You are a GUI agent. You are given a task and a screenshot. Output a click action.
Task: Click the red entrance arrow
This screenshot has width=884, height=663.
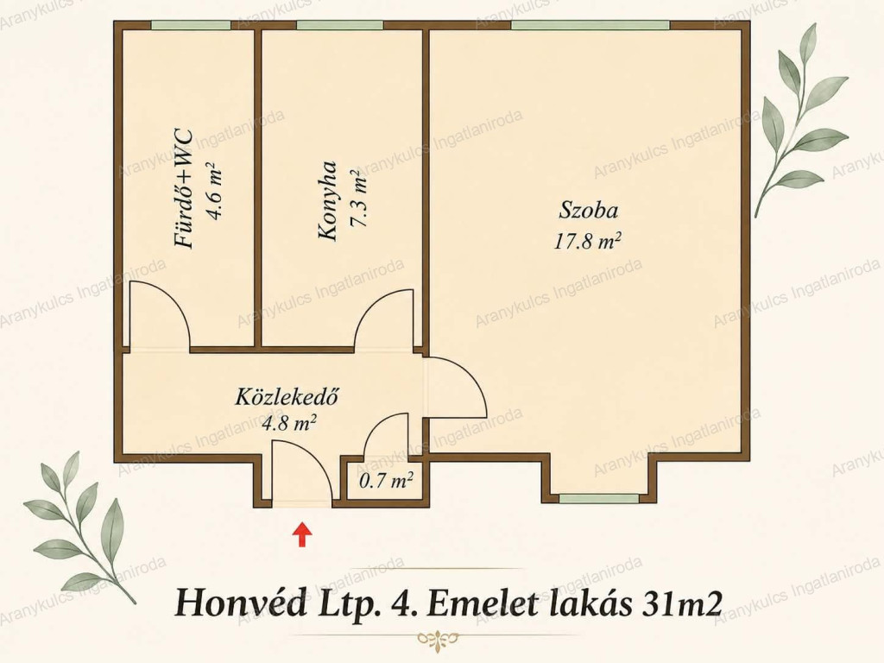point(303,534)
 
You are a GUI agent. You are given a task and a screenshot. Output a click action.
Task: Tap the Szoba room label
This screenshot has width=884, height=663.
point(588,210)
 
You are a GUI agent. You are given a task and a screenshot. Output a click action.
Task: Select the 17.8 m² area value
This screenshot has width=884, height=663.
point(587,242)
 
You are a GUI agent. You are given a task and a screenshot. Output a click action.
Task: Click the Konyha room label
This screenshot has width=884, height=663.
point(328,201)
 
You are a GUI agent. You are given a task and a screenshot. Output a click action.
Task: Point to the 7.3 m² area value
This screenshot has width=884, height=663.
point(359,199)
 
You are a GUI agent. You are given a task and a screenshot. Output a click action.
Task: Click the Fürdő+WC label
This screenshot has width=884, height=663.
point(184,189)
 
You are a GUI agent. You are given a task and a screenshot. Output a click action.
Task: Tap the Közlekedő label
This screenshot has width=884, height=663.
point(287,396)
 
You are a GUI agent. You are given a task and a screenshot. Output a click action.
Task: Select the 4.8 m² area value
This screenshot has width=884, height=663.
point(288,422)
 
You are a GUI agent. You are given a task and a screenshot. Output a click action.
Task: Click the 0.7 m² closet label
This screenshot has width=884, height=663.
point(386,481)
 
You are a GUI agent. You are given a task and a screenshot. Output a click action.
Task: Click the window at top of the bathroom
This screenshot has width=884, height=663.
point(191,25)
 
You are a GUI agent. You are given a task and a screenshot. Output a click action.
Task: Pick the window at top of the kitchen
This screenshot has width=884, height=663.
point(340,25)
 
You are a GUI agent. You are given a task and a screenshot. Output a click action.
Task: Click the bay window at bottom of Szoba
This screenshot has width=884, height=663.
point(599,498)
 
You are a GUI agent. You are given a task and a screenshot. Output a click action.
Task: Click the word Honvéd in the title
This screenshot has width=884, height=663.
point(239,603)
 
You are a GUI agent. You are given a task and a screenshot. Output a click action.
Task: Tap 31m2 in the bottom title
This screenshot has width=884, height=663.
point(681,603)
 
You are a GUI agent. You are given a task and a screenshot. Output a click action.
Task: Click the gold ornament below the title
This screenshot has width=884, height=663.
point(437,639)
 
